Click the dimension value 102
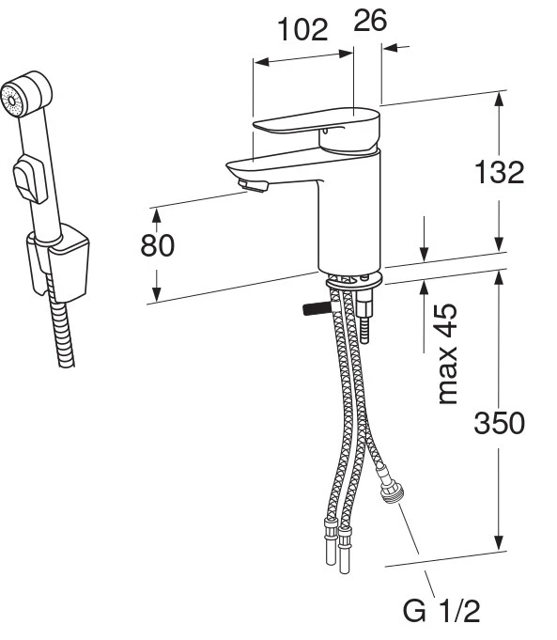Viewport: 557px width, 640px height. coord(302,29)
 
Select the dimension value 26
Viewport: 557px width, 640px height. coord(370,20)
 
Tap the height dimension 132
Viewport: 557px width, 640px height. coord(499,172)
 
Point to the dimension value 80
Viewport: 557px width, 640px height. coord(158,245)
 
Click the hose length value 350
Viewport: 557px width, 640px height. coord(499,423)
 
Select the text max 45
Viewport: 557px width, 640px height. coord(447,354)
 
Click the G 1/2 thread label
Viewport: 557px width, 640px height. coord(441,611)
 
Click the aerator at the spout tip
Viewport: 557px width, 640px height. coord(253,185)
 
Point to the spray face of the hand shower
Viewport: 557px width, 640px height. coord(11,101)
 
